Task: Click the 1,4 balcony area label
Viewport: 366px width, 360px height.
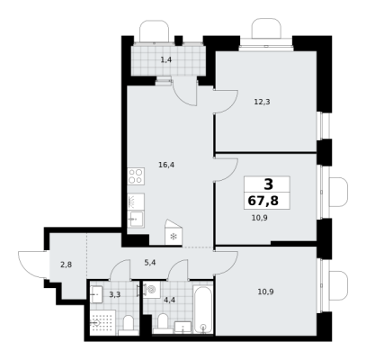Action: pos(166,59)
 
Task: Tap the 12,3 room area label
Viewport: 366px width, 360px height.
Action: pos(262,102)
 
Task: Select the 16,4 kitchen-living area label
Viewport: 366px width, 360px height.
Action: pos(167,165)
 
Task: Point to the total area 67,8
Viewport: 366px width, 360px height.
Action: pos(263,201)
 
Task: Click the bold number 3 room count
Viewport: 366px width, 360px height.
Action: pos(268,184)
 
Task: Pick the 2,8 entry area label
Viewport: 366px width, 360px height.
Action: pos(66,265)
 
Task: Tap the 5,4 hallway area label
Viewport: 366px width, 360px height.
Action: pos(150,263)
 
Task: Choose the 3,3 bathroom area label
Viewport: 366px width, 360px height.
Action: pos(114,294)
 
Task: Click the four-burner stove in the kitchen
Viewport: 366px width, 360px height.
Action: pos(136,176)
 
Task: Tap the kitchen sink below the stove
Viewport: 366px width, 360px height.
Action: pos(136,220)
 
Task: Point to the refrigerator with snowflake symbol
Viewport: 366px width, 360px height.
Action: pos(174,232)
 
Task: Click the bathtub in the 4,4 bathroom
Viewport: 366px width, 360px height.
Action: pos(203,310)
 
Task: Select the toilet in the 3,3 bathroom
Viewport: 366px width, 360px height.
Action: pos(129,325)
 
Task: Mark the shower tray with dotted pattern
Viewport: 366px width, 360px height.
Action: pos(103,323)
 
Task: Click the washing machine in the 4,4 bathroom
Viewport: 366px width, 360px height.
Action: pos(151,290)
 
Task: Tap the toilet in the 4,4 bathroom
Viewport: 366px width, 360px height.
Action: pos(163,324)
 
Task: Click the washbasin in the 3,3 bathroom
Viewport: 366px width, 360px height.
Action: pos(96,295)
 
